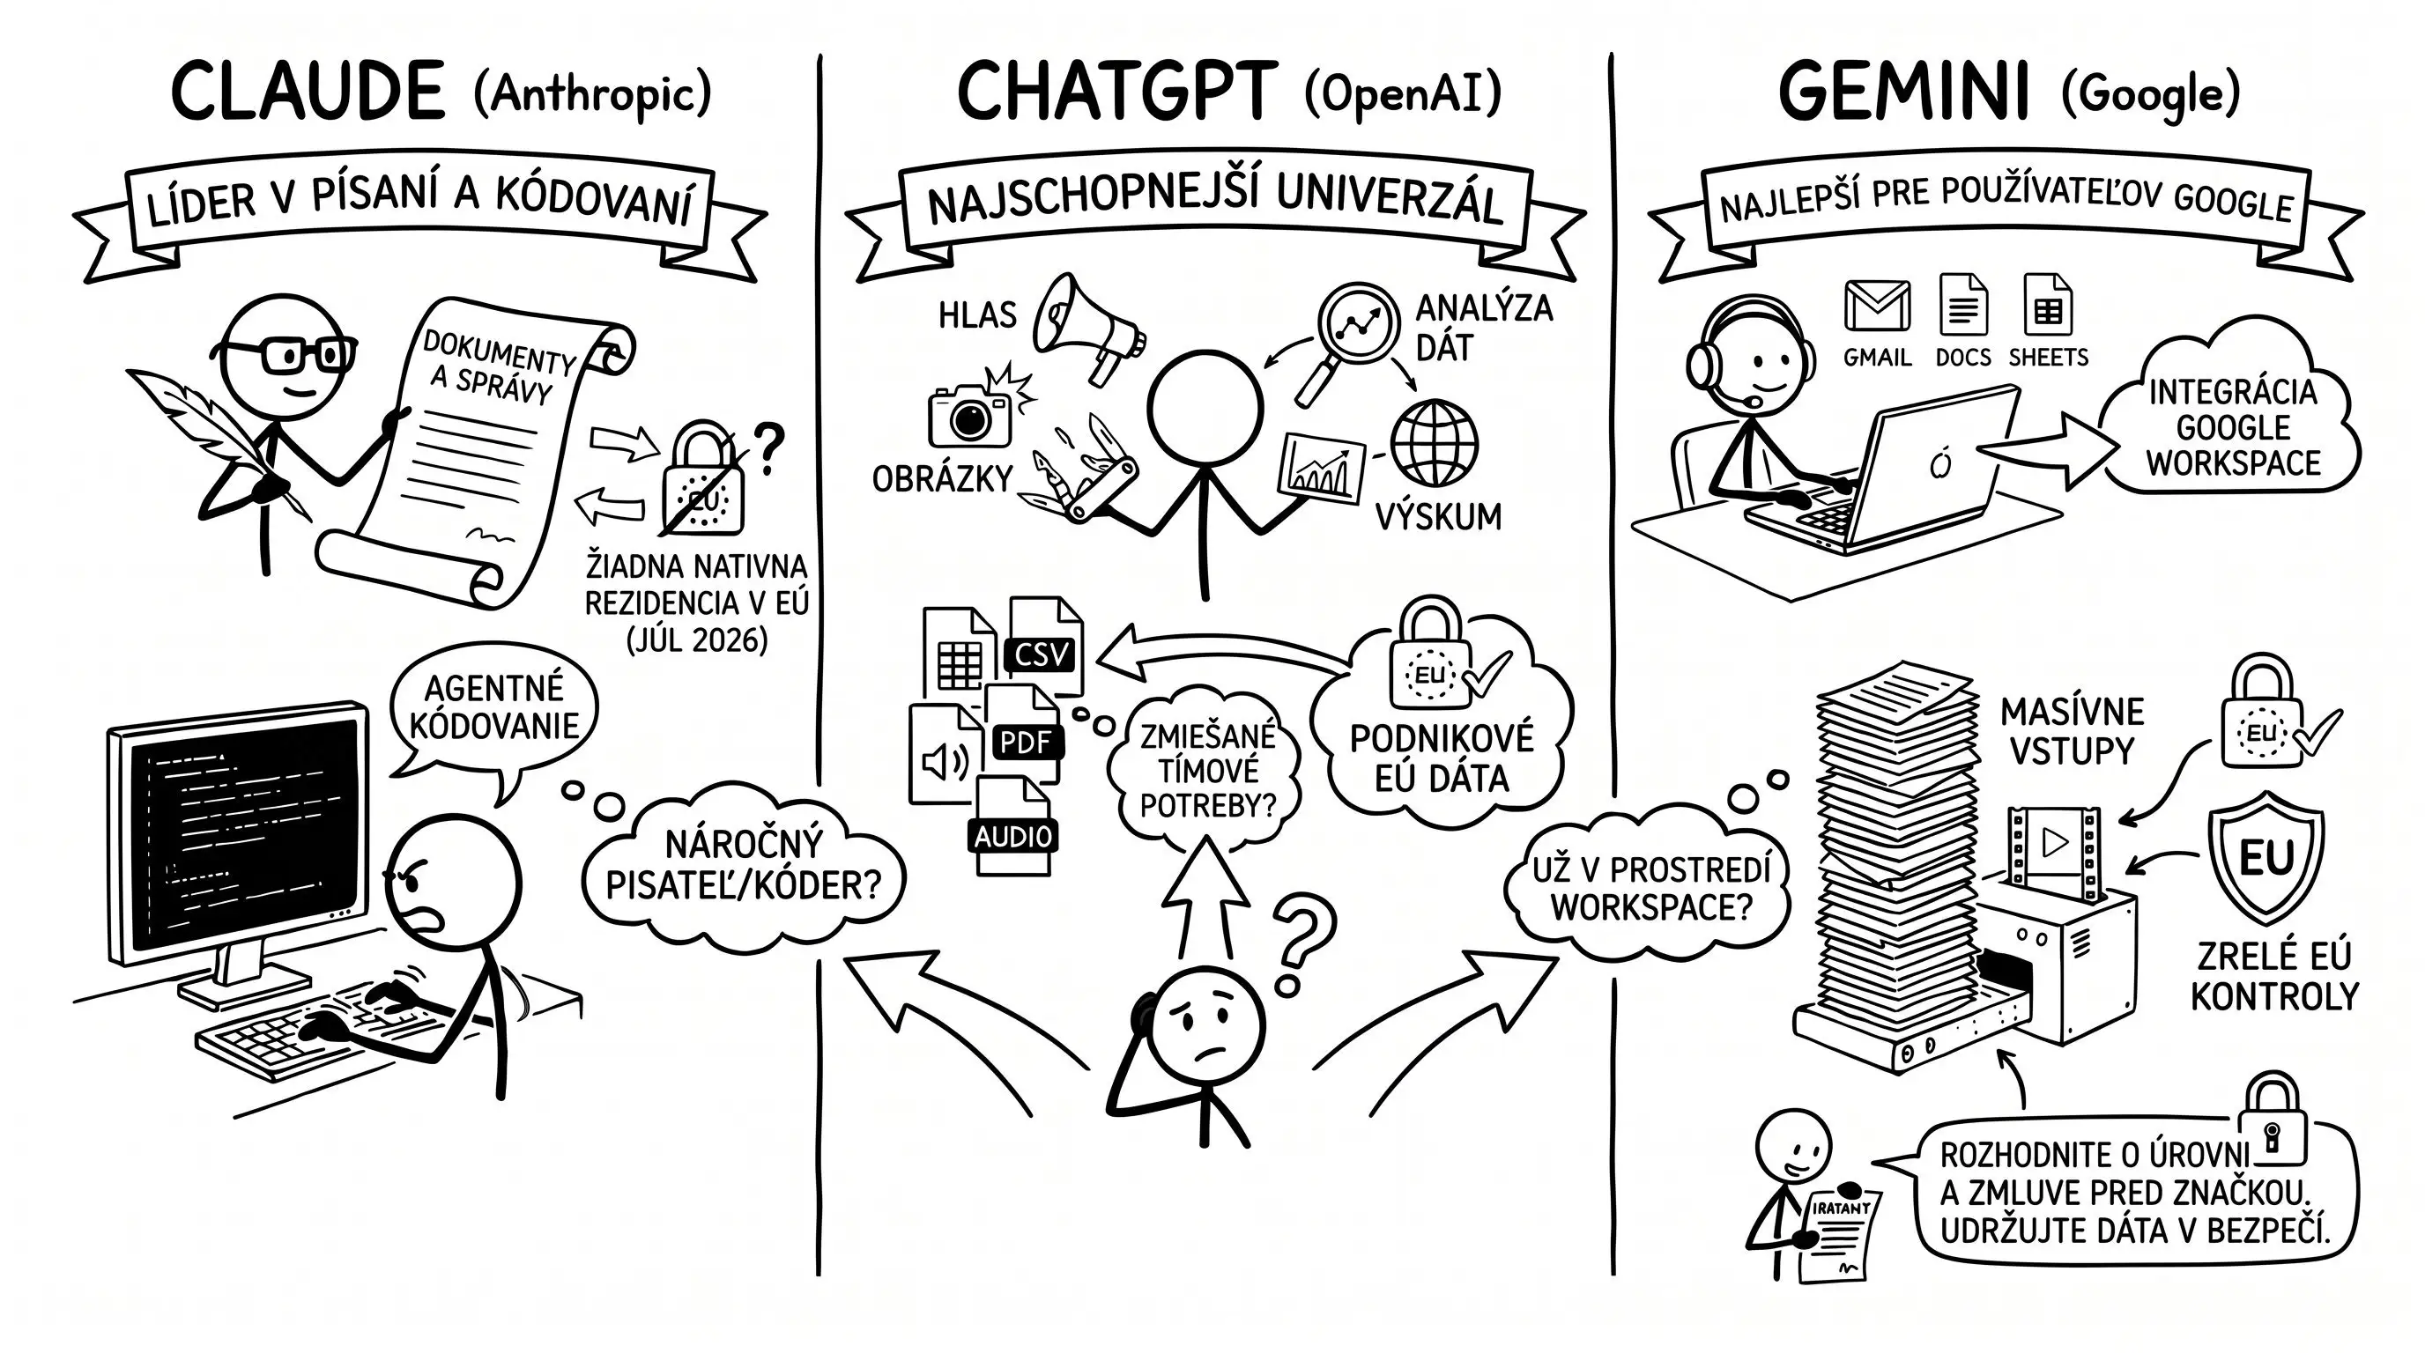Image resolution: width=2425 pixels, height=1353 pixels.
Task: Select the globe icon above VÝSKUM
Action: click(1434, 443)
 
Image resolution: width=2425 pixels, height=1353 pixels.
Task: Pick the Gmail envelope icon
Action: click(1877, 306)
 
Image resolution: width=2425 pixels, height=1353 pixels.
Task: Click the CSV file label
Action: click(1042, 654)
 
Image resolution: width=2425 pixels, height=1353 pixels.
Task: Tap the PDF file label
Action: click(1025, 743)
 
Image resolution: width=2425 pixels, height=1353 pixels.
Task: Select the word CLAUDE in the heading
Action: click(308, 91)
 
